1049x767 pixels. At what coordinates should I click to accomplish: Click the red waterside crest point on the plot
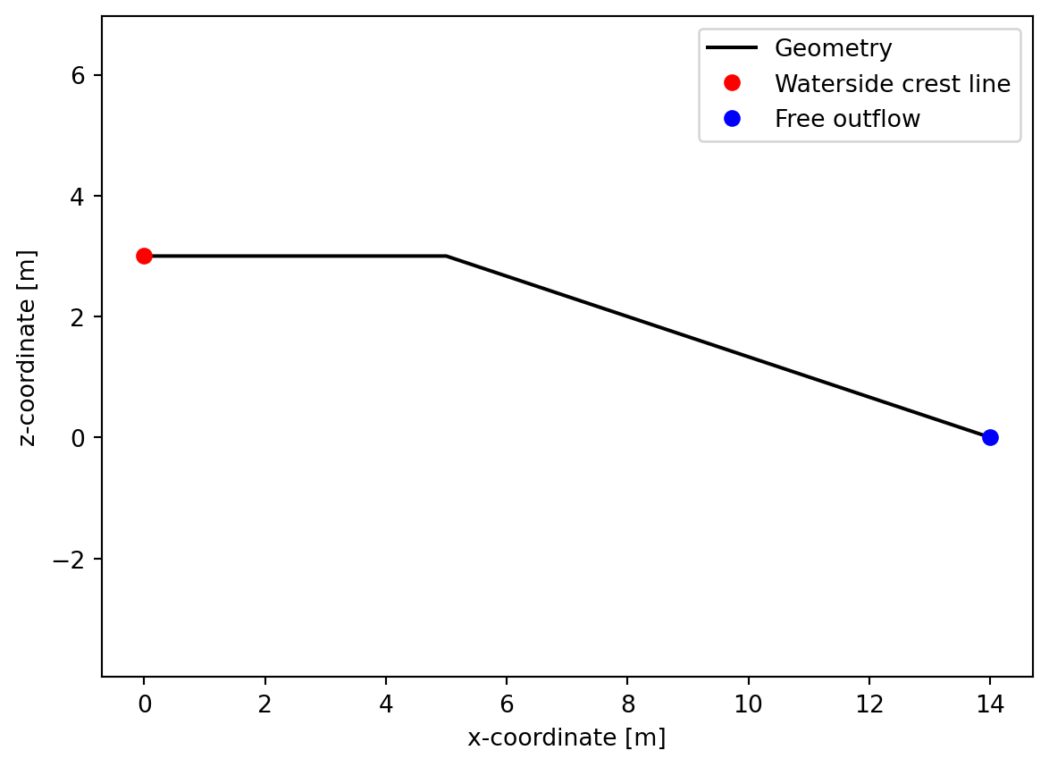(144, 256)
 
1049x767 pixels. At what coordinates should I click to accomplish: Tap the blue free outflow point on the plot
(990, 437)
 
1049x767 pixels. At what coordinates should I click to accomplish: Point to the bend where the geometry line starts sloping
(446, 256)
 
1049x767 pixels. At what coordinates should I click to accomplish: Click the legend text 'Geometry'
(833, 47)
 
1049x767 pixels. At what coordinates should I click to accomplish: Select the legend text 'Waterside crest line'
(892, 83)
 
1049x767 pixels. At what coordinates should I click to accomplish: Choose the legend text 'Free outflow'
(847, 118)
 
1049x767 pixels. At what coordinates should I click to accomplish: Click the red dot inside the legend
(732, 83)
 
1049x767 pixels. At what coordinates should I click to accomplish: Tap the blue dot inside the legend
(732, 118)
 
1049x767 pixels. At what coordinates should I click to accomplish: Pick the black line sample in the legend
(732, 47)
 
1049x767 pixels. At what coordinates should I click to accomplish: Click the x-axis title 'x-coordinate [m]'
(566, 738)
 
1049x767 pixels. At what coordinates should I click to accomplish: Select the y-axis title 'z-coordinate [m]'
(29, 346)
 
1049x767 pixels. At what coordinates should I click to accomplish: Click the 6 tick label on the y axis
(79, 75)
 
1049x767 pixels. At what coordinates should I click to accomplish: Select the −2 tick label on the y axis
(72, 560)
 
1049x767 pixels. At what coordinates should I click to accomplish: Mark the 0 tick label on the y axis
(79, 438)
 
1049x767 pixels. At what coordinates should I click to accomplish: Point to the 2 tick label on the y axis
(79, 317)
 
